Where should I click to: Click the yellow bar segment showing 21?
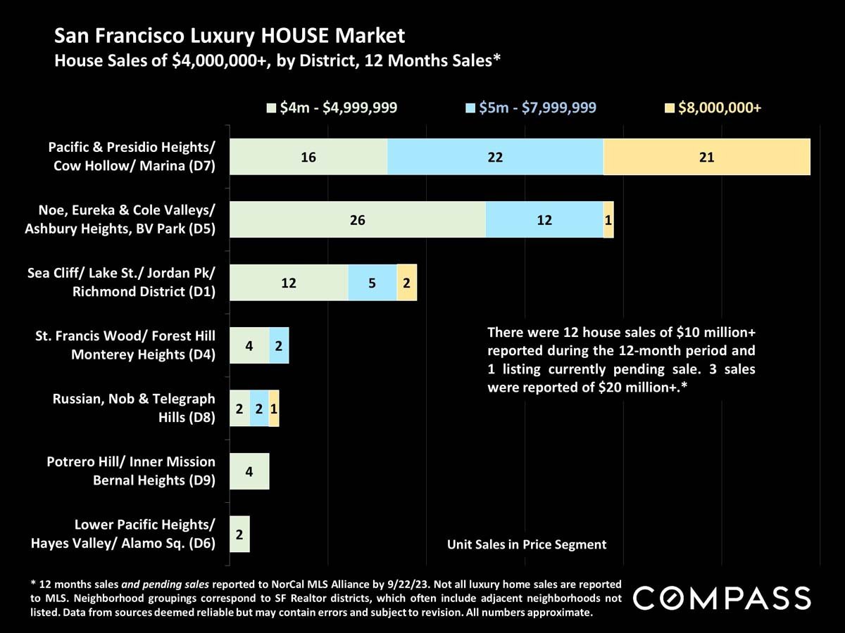pos(707,157)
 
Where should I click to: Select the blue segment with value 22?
pos(495,157)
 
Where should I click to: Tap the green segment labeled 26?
pos(358,219)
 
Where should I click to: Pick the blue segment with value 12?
pos(544,219)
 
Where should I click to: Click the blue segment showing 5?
pos(372,283)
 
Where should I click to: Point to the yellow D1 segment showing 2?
pos(407,283)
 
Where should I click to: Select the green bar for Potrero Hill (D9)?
pos(249,471)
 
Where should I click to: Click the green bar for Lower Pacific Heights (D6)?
pos(240,535)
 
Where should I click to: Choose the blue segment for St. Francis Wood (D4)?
pos(279,345)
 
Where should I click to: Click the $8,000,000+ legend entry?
pos(714,108)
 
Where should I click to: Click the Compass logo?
pos(722,598)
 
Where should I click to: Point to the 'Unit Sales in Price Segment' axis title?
pos(527,544)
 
